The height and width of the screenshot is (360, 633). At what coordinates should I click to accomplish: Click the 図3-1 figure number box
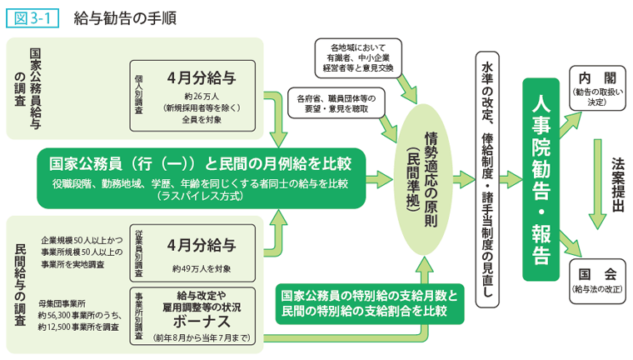[x=32, y=16]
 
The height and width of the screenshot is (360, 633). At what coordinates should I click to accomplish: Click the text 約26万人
[x=200, y=97]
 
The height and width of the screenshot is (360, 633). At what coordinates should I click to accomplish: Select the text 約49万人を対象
[x=201, y=268]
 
